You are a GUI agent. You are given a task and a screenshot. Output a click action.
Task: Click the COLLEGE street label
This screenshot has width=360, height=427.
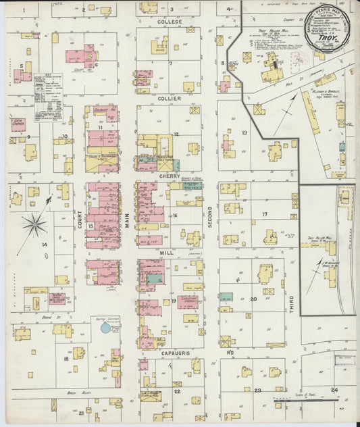[170, 22]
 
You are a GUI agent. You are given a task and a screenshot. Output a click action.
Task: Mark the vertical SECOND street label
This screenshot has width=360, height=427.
[209, 217]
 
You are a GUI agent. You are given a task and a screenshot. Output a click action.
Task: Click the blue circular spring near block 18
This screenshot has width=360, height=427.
[105, 328]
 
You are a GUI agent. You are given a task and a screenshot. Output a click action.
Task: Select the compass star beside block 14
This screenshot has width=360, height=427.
[34, 224]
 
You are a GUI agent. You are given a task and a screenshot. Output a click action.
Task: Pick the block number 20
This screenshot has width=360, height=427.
[253, 299]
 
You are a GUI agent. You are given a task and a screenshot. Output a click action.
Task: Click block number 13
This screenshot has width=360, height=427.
[245, 133]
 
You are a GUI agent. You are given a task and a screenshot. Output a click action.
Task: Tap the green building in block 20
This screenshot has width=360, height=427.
[226, 297]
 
